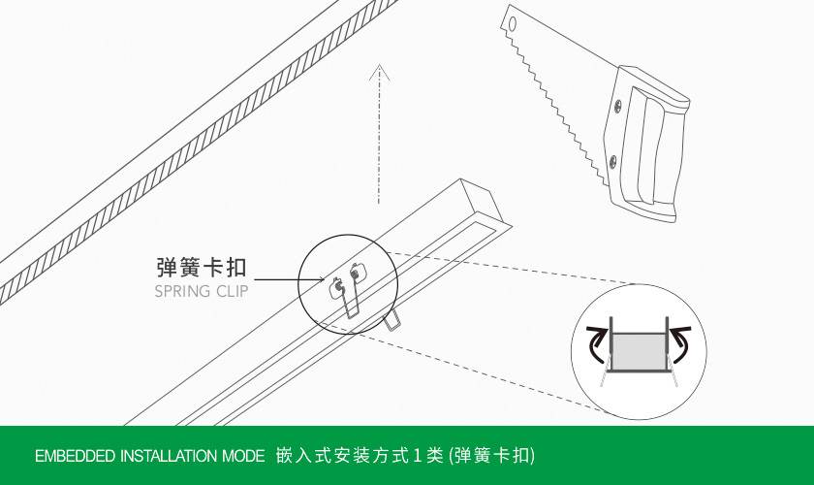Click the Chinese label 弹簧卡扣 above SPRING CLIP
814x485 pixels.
tap(202, 268)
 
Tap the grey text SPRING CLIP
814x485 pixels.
tap(202, 291)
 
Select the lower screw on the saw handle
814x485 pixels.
tap(610, 158)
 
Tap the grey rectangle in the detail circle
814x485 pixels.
tap(638, 349)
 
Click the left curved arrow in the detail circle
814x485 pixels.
tap(597, 341)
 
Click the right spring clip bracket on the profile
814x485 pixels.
tap(360, 273)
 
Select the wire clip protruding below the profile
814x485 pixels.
tap(393, 320)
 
